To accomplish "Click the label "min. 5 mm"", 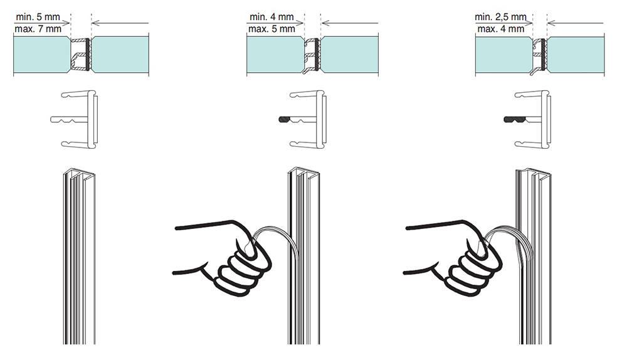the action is pos(38,17).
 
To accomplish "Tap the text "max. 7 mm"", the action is pos(38,29).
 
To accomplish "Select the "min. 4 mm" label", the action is pos(271,17).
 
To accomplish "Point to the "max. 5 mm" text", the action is pos(271,29).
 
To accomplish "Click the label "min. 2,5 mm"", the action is pos(500,17).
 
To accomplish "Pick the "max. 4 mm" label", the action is pos(500,29).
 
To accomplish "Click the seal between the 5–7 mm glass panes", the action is pos(81,55).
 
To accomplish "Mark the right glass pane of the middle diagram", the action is pos(350,55).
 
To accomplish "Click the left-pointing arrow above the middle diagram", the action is pos(349,23).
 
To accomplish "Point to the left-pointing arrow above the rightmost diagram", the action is pos(575,23).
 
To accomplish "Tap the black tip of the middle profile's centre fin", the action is pos(285,119).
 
